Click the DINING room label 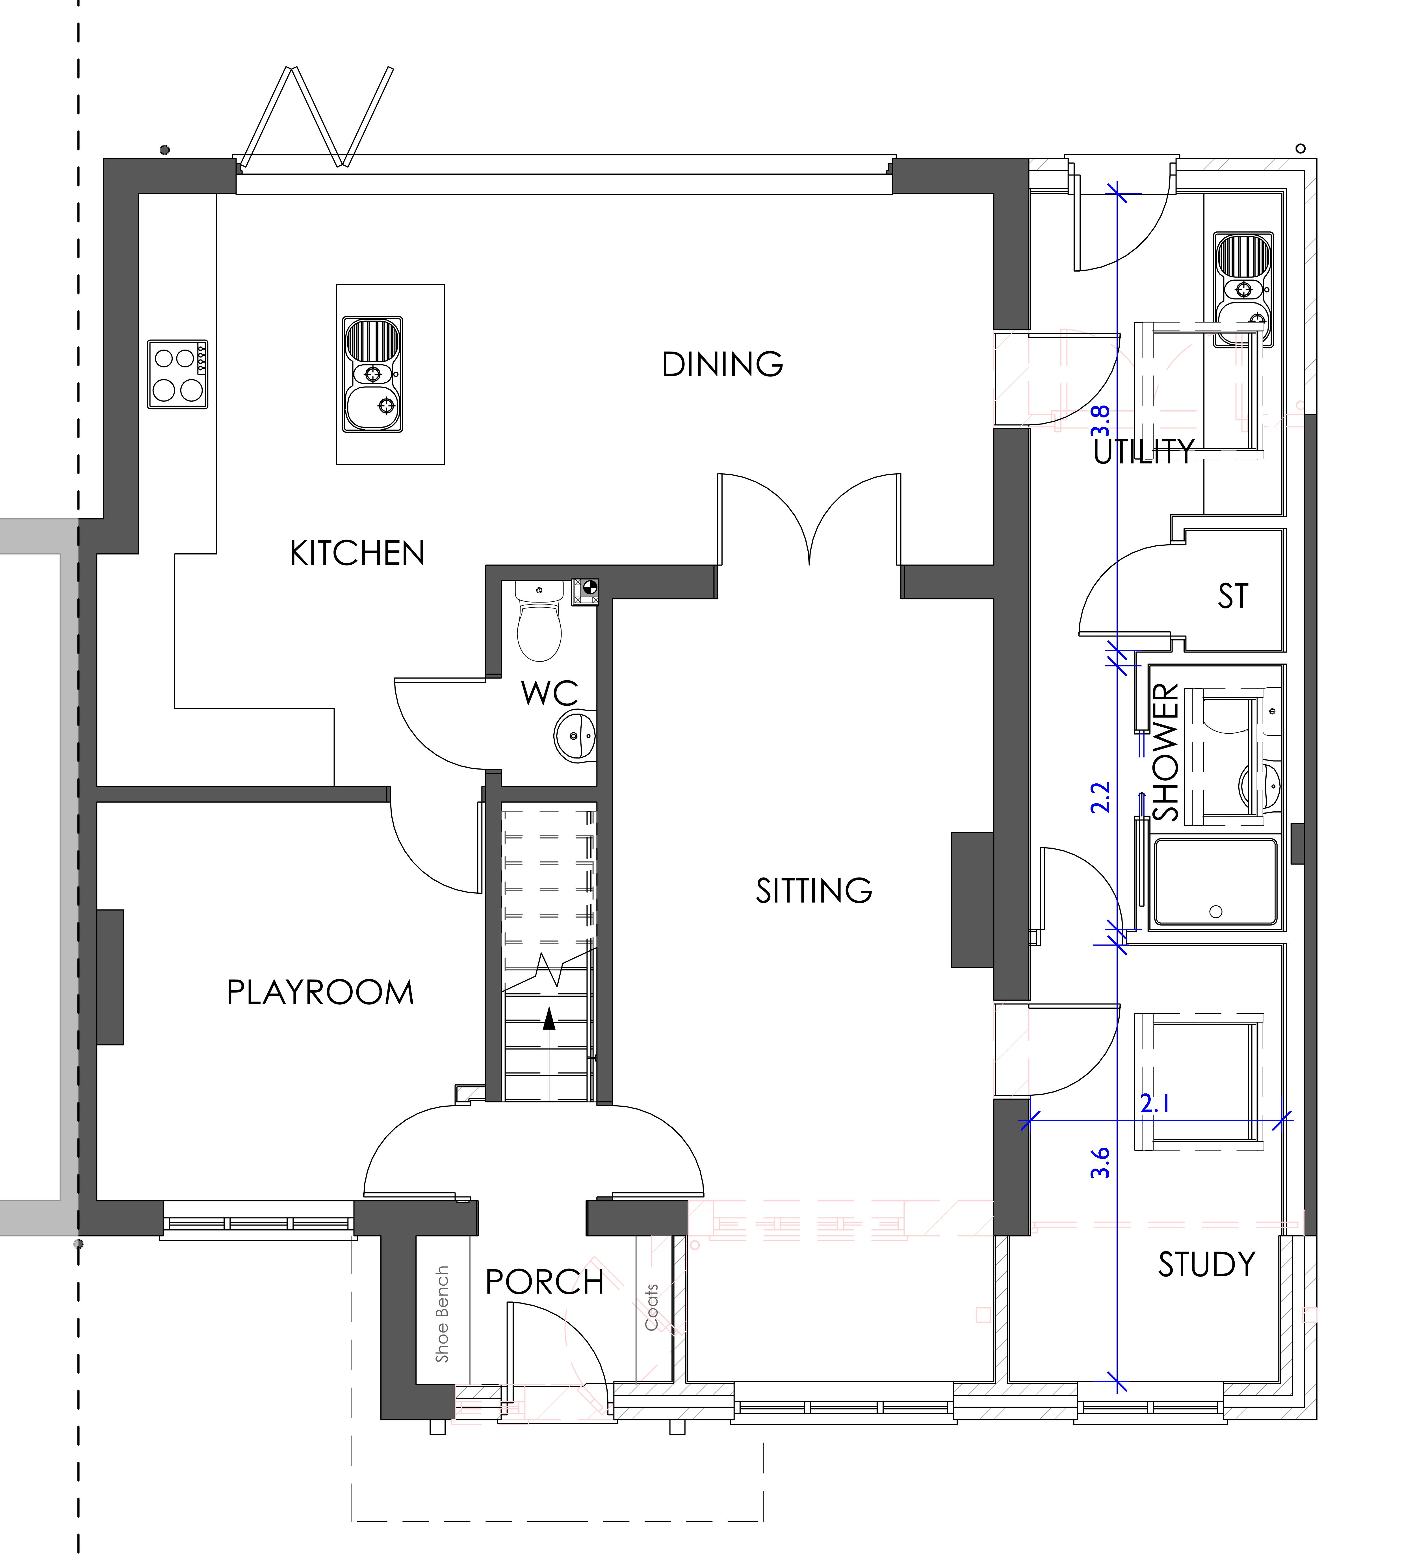tap(722, 364)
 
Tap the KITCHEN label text tap(357, 553)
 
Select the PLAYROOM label tap(320, 993)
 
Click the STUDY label tap(1206, 1264)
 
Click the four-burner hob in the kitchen tap(177, 374)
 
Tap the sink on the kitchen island tap(373, 374)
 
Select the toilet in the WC tap(539, 621)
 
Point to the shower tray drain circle tap(1215, 912)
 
